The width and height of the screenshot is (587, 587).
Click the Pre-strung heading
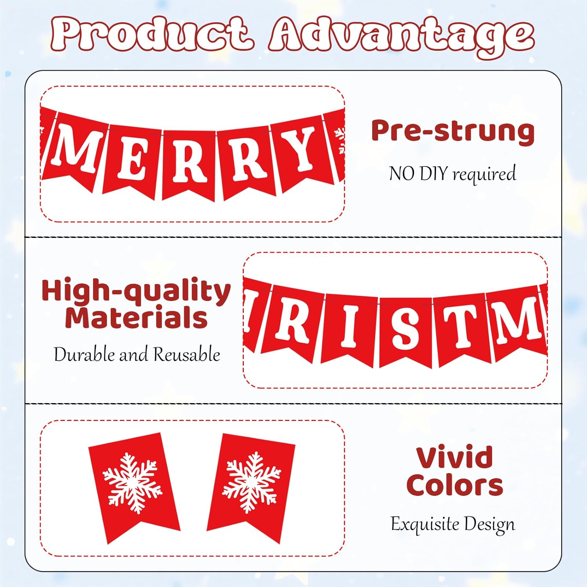[x=453, y=131]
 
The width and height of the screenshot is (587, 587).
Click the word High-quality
[x=136, y=291]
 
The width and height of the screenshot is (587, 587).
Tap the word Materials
[x=136, y=318]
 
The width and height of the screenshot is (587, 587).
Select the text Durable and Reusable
[x=137, y=355]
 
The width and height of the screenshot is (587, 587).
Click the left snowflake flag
[x=133, y=485]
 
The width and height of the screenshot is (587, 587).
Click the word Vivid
[x=454, y=457]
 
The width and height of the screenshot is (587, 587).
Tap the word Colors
[x=454, y=485]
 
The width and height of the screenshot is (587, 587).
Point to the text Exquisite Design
[x=453, y=524]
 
